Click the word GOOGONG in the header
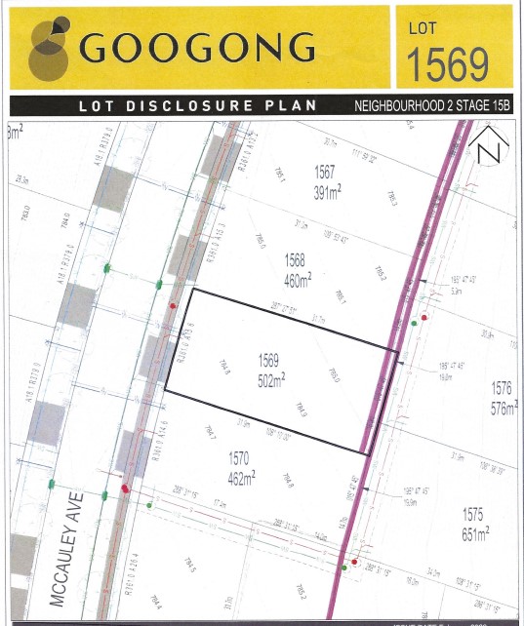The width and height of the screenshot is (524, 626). click(198, 47)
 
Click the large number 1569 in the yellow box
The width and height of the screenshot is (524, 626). click(447, 62)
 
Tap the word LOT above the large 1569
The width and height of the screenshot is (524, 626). click(424, 29)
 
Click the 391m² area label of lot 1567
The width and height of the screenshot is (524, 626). click(325, 193)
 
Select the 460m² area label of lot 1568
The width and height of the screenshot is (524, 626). click(298, 281)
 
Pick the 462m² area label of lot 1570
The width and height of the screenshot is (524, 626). click(242, 477)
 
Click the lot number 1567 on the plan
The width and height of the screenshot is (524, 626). click(325, 172)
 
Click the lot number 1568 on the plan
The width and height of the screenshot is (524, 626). click(296, 260)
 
